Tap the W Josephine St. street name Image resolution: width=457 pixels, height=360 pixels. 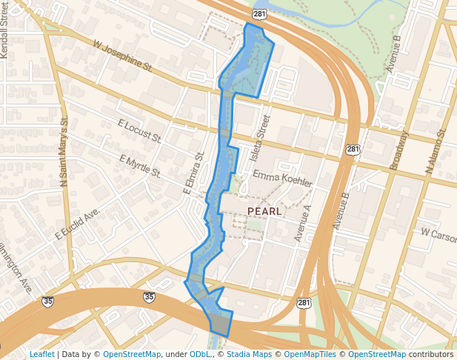point(122,56)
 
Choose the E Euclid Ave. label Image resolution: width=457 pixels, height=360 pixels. point(77,224)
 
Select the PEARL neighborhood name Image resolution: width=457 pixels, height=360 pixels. point(264,212)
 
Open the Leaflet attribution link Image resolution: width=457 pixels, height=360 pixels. point(41,355)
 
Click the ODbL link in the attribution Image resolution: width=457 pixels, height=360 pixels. point(200,355)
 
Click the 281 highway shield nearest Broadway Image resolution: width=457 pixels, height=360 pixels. point(353,150)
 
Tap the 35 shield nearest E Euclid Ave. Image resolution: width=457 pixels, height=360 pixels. point(49,301)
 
